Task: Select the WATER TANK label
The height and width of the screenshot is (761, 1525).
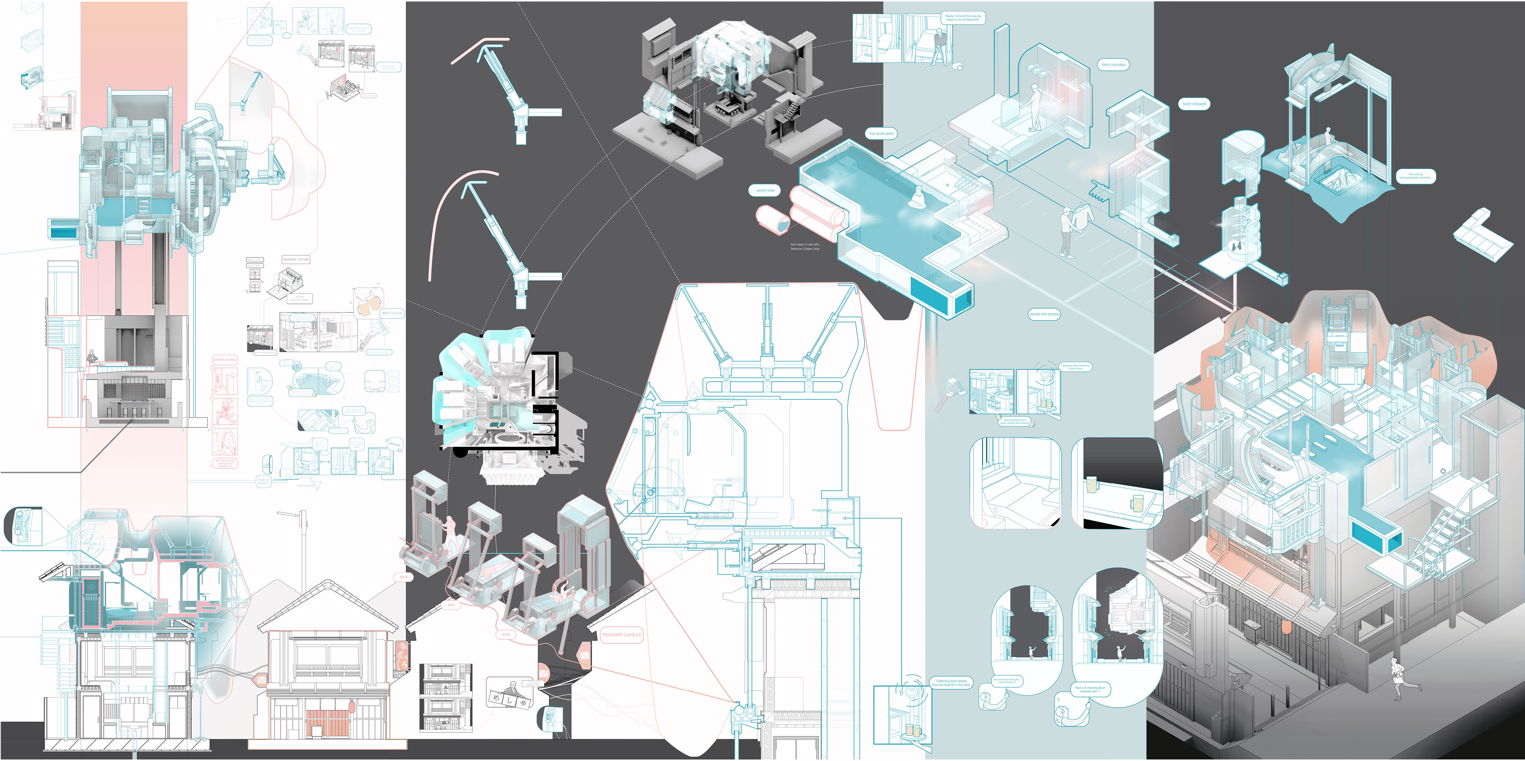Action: coord(765,191)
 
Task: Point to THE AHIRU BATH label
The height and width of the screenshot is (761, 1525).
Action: coord(881,134)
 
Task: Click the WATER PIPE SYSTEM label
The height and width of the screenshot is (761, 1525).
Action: coord(1044,314)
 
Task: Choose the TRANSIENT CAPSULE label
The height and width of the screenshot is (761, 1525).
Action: coord(621,635)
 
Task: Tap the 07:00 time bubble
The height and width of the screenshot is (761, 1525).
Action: coord(506,634)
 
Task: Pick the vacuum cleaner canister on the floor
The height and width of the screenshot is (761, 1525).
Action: coord(959,67)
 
